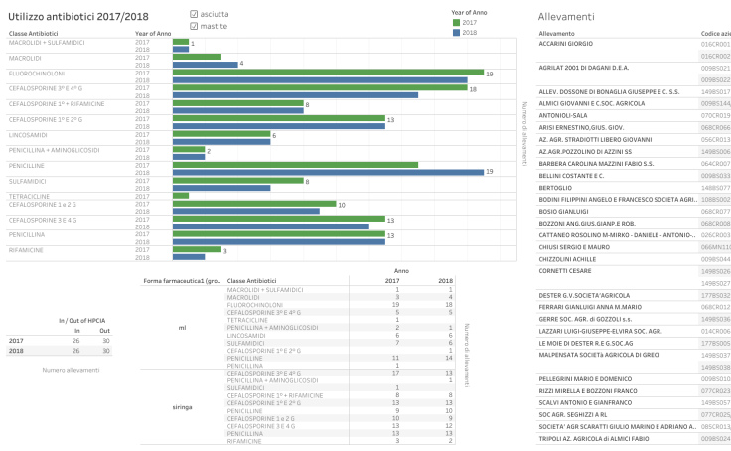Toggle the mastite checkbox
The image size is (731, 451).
pyautogui.click(x=194, y=26)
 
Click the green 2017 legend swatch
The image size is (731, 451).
pyautogui.click(x=456, y=22)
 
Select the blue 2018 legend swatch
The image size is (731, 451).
pyautogui.click(x=456, y=32)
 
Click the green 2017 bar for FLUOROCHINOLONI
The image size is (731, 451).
pyautogui.click(x=328, y=73)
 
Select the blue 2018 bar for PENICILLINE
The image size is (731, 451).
pyautogui.click(x=343, y=172)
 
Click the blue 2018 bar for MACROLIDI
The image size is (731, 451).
pyautogui.click(x=205, y=64)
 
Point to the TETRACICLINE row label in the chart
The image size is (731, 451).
pyautogui.click(x=30, y=196)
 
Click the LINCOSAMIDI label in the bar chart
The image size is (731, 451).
pyautogui.click(x=28, y=134)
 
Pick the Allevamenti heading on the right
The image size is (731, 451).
pyautogui.click(x=565, y=17)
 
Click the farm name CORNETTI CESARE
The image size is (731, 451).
pyautogui.click(x=564, y=270)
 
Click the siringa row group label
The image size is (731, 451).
pyautogui.click(x=182, y=407)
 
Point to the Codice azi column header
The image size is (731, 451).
pyautogui.click(x=715, y=33)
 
